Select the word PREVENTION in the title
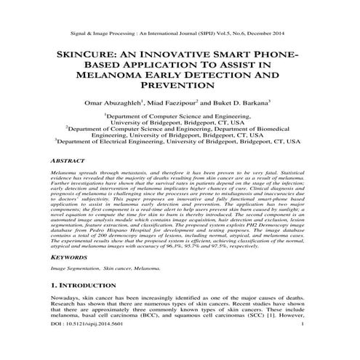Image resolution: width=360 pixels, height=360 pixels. click(180, 86)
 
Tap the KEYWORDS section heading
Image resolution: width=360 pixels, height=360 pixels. click(69, 257)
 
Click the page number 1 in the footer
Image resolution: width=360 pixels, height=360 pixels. click(311, 354)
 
